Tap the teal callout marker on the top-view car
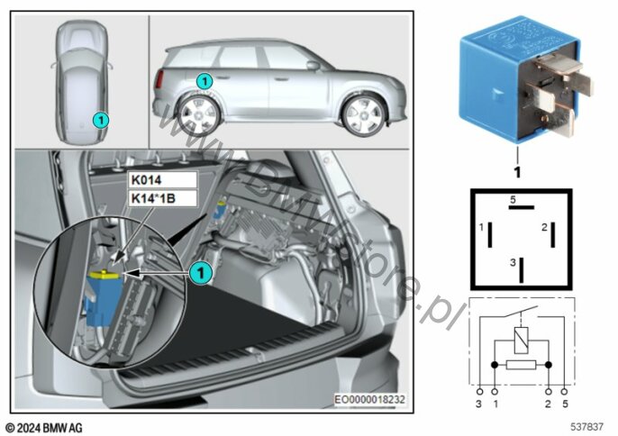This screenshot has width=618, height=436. (x=102, y=118)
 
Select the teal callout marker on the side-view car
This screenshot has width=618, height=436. (x=205, y=81)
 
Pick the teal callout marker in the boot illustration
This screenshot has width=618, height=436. (x=201, y=269)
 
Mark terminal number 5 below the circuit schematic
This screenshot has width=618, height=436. (x=565, y=406)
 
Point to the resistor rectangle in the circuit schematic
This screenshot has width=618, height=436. (x=523, y=365)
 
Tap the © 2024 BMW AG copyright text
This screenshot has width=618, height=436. (x=45, y=427)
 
